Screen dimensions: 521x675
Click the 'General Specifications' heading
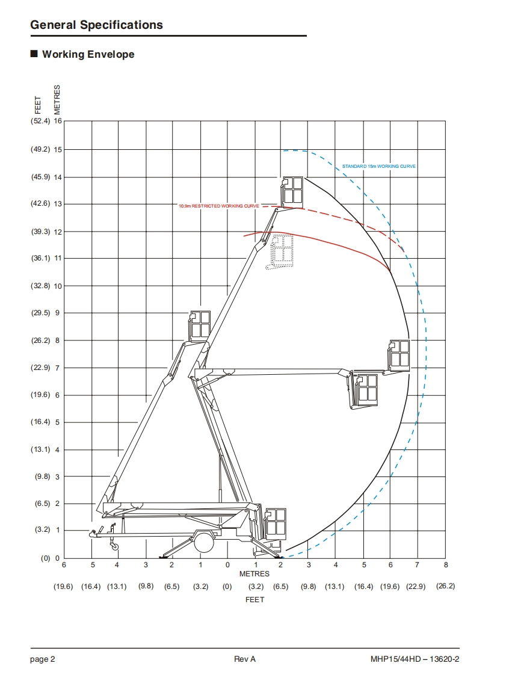(96, 25)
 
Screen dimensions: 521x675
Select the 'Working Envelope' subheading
(88, 54)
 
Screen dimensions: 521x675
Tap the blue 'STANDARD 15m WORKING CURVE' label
(379, 166)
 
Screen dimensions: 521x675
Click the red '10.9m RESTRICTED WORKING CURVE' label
(219, 206)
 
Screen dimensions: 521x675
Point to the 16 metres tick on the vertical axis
(58, 121)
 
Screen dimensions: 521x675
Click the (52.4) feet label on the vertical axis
(40, 121)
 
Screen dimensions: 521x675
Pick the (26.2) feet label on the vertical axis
(40, 341)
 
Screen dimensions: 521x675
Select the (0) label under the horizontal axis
(227, 587)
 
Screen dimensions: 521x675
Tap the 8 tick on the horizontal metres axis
(446, 565)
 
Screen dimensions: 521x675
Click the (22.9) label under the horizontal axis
(416, 587)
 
